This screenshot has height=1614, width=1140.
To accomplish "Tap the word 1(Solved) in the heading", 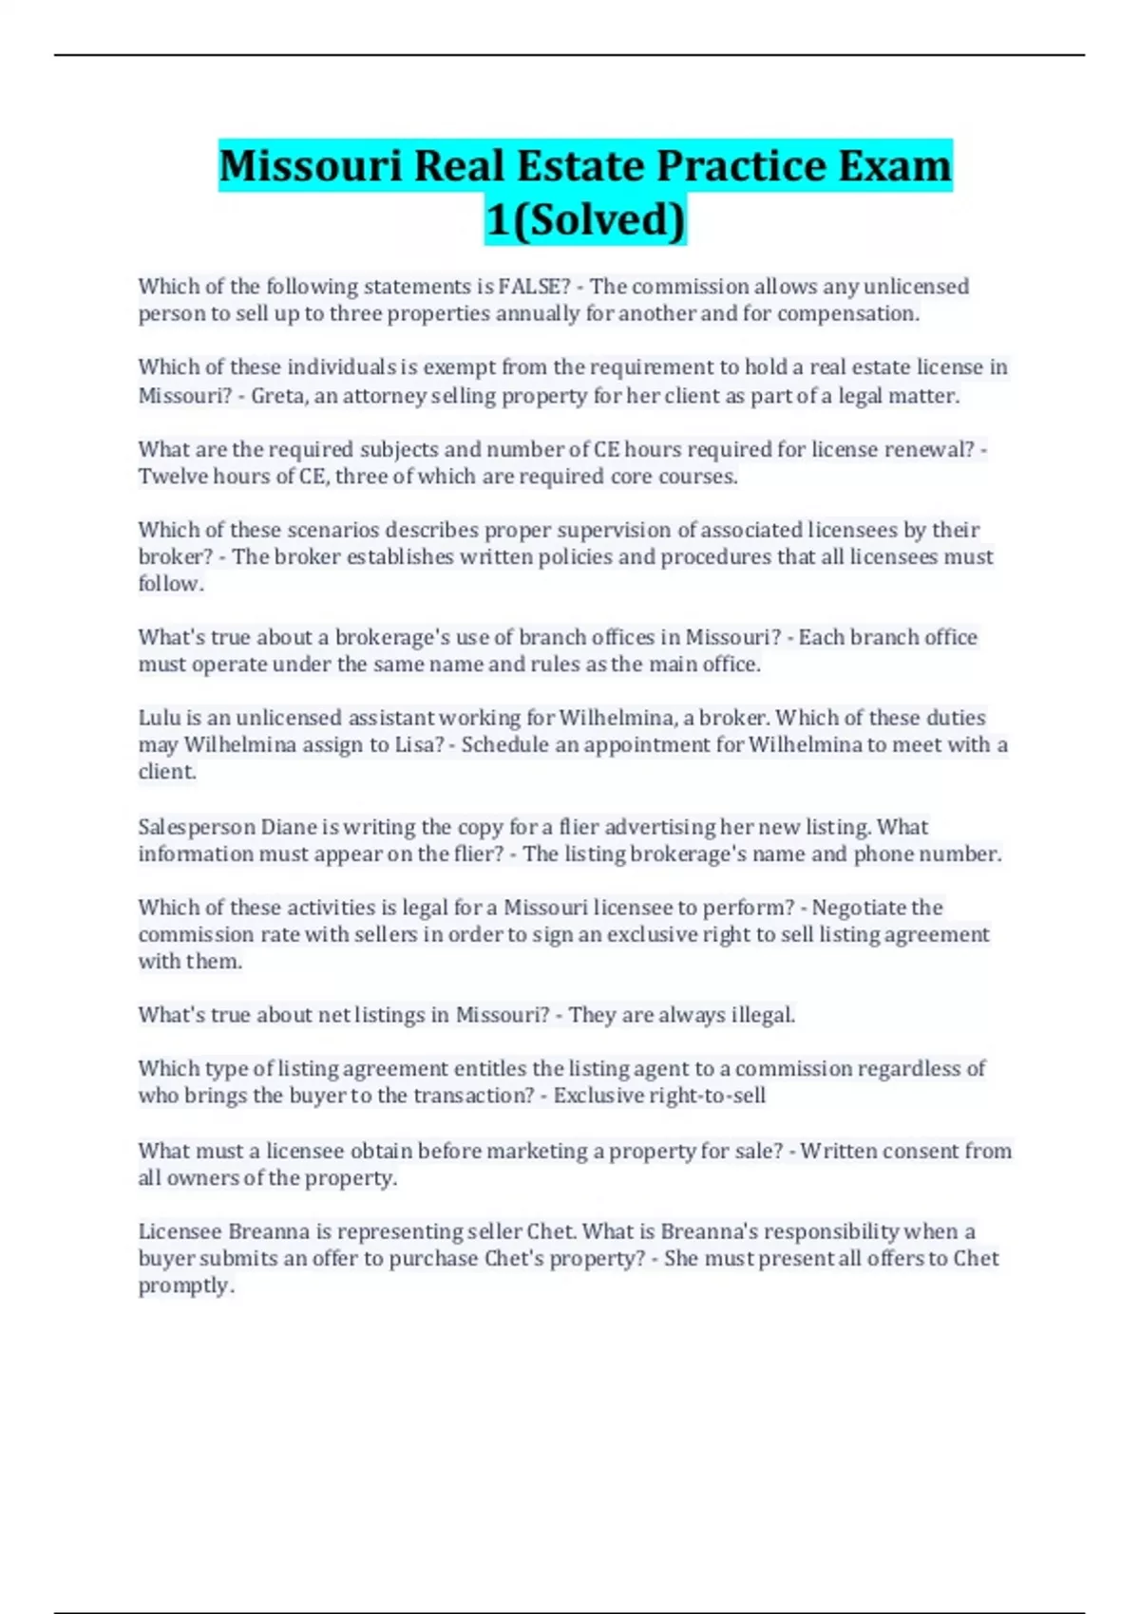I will (585, 220).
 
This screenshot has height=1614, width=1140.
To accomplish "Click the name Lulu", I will (159, 718).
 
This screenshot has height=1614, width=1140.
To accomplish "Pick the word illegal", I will (763, 1015).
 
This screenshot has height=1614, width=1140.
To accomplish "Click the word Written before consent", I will (838, 1152).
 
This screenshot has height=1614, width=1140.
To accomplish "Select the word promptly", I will (186, 1286).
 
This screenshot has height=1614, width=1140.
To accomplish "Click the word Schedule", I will (504, 745).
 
